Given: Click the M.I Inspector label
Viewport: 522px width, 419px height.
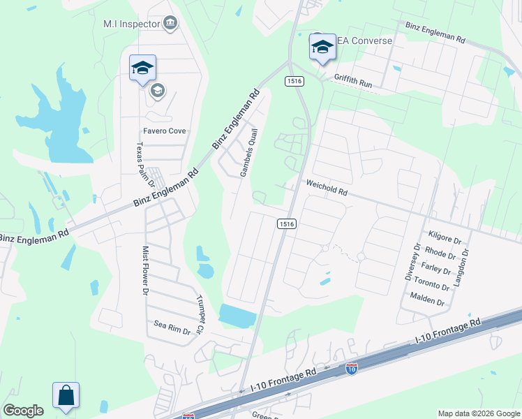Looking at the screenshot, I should coord(130,24).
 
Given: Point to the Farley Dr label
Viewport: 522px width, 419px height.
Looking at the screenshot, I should coord(437,269).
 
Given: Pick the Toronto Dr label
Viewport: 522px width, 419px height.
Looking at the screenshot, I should coord(433,286).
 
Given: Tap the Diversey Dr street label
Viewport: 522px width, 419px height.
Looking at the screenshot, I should coord(412,261).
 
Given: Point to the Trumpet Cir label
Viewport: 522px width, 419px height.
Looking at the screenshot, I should coord(200,312).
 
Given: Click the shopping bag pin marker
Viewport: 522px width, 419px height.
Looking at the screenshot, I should coord(66,395).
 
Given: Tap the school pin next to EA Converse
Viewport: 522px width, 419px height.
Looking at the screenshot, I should coord(322,47).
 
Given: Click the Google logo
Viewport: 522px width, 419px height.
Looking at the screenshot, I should coord(23,411).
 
